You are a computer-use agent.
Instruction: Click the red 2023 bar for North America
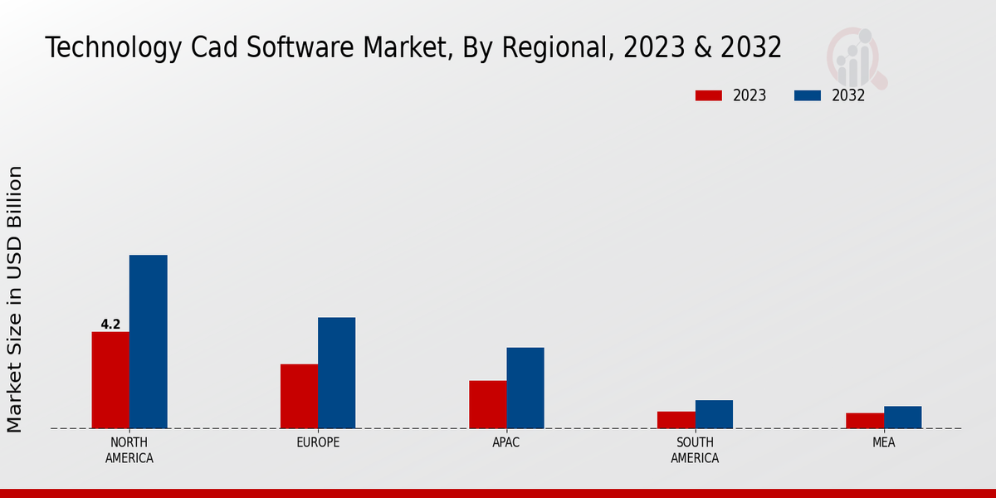click(110, 380)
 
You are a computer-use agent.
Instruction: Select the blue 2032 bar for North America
click(148, 342)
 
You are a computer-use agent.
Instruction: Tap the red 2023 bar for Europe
click(299, 396)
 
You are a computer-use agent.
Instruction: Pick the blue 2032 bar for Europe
click(336, 373)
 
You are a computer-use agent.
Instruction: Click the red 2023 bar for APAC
click(487, 404)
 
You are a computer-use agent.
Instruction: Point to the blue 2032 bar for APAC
click(525, 388)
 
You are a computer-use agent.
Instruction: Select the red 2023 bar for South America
click(676, 420)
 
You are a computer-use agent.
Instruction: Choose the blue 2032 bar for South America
click(714, 414)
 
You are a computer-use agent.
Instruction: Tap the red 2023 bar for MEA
click(864, 421)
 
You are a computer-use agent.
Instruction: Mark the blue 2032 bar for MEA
click(902, 417)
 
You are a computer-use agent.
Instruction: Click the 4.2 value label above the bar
click(110, 325)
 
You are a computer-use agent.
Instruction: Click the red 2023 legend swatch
click(708, 95)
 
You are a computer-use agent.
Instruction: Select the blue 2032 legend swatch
click(807, 95)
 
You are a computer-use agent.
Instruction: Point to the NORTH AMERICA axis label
click(129, 450)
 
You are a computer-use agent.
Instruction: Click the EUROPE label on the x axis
click(318, 442)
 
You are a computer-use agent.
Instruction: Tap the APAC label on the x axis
click(506, 442)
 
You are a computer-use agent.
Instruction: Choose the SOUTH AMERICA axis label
click(695, 450)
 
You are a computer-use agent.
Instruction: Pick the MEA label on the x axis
click(883, 442)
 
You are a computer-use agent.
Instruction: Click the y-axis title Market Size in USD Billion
click(15, 299)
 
